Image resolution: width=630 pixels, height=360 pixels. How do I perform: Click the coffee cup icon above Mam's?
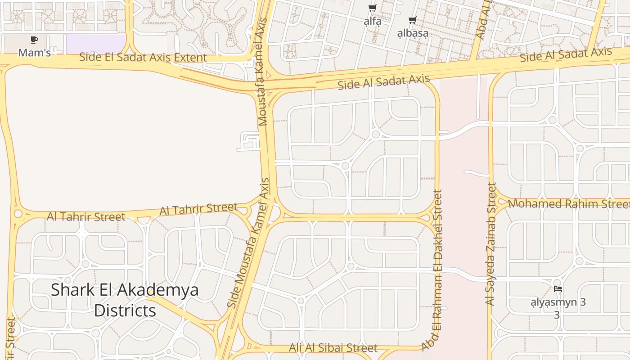(34, 40)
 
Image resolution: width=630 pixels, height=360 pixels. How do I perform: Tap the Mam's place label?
(34, 53)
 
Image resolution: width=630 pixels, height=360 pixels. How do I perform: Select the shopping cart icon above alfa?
(372, 8)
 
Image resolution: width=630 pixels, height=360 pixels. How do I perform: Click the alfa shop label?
(372, 21)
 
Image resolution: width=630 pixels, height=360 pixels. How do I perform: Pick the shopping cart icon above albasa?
(412, 20)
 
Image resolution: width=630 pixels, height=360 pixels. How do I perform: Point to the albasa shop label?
(412, 33)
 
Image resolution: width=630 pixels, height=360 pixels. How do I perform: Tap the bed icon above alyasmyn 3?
(558, 289)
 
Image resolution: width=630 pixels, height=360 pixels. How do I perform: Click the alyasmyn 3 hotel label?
(558, 302)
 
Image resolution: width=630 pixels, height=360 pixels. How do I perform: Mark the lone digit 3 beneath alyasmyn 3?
(557, 315)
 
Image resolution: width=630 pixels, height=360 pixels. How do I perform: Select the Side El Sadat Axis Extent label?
(143, 57)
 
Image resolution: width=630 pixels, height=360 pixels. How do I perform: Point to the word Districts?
(125, 310)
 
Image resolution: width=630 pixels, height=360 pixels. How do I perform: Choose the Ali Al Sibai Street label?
(333, 348)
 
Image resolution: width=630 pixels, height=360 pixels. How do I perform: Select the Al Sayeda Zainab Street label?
(491, 244)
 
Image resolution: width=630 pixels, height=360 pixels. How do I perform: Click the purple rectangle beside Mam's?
(95, 43)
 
